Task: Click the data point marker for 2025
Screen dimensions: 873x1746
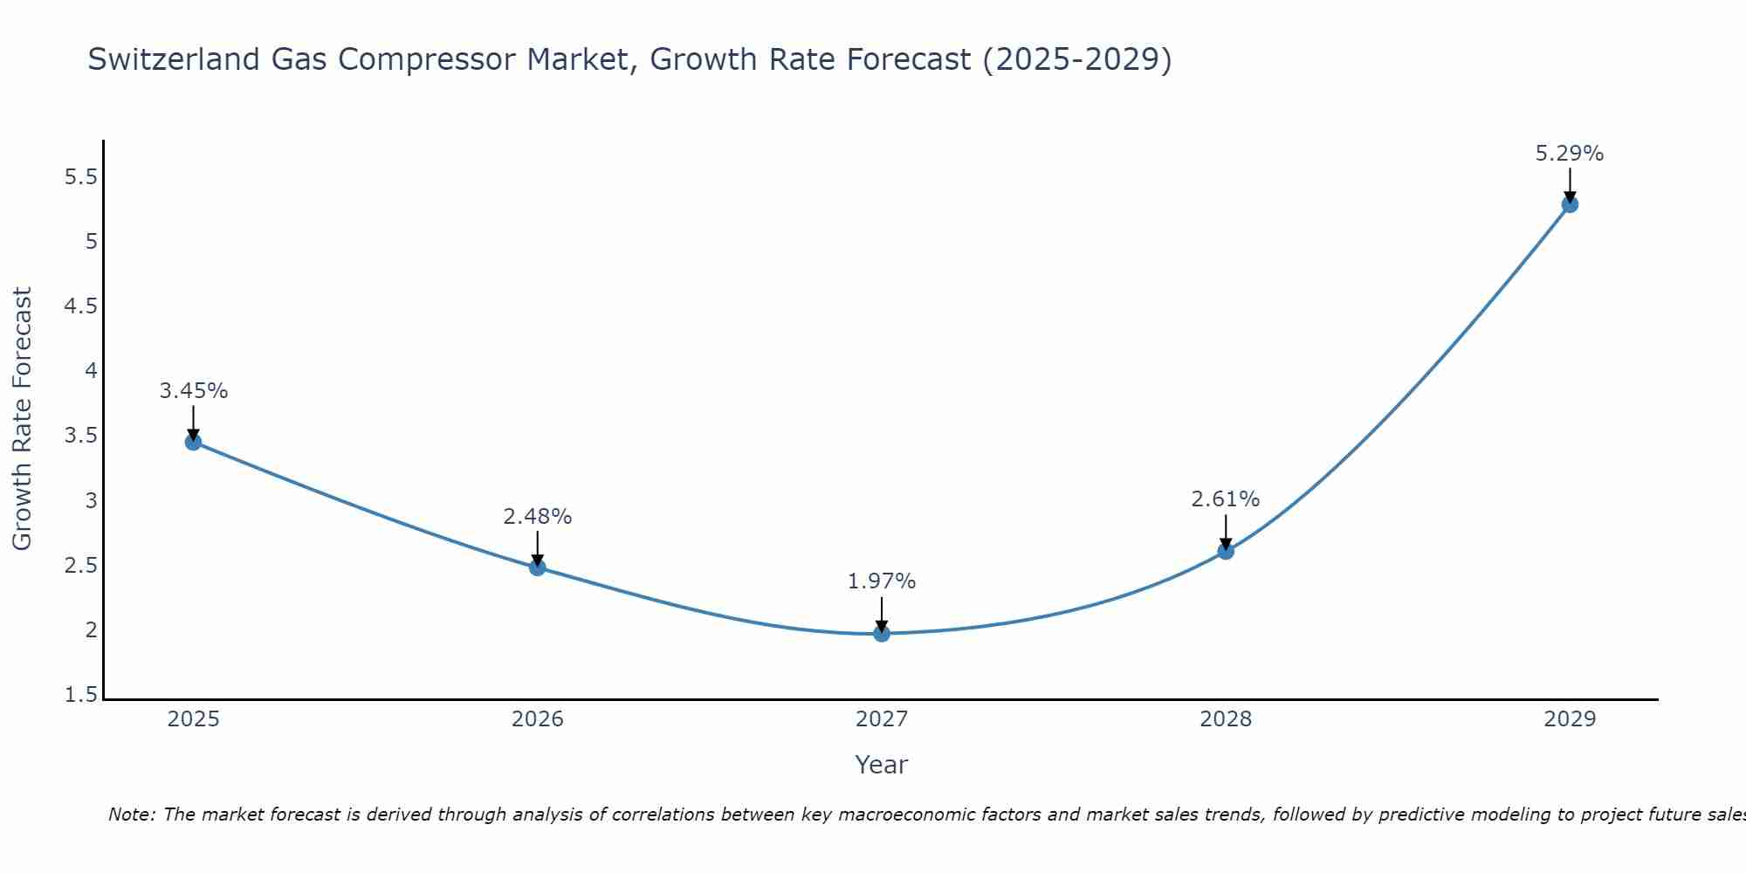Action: coord(193,442)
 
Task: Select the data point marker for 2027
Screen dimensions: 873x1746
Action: coord(882,633)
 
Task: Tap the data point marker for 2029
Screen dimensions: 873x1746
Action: coord(1570,204)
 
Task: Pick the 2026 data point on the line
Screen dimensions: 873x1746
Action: coord(538,567)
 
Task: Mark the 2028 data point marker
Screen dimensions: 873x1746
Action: coord(1226,551)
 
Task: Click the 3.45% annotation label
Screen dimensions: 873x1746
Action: coord(193,390)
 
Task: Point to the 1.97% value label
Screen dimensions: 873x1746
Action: coord(882,581)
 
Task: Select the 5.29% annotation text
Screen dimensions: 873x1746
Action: coord(1570,154)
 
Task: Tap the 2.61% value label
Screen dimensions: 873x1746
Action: coord(1226,499)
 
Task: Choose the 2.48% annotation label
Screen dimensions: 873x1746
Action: coord(538,516)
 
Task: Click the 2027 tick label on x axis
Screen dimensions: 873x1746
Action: coord(882,719)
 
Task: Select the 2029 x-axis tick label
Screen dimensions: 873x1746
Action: coord(1570,719)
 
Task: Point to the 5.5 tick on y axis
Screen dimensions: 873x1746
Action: coord(81,177)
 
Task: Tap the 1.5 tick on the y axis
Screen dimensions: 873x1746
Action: coord(81,695)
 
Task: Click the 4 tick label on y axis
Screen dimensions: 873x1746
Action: coord(91,371)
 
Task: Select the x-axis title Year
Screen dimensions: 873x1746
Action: coord(882,765)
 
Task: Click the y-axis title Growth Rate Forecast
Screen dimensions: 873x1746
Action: coord(22,419)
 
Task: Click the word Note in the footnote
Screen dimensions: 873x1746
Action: coord(132,815)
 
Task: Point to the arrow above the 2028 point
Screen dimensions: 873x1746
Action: coord(1226,531)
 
